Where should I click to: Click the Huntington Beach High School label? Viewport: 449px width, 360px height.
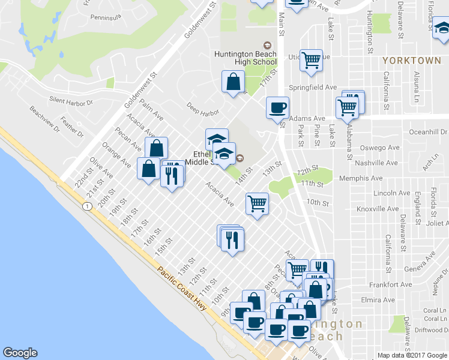pos(246,58)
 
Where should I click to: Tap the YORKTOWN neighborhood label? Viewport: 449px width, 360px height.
pos(412,61)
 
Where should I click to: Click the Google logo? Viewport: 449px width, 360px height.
pos(20,353)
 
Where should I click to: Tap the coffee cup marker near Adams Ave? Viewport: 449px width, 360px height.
pos(277,108)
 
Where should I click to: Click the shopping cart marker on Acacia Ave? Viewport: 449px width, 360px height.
pos(258,204)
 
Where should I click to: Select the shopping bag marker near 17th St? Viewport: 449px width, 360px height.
pos(232,83)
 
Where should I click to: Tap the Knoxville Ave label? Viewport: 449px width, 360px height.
pos(378,209)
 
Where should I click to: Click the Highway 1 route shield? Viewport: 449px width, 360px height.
pos(88,206)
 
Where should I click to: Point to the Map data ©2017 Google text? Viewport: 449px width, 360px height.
pos(411,355)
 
